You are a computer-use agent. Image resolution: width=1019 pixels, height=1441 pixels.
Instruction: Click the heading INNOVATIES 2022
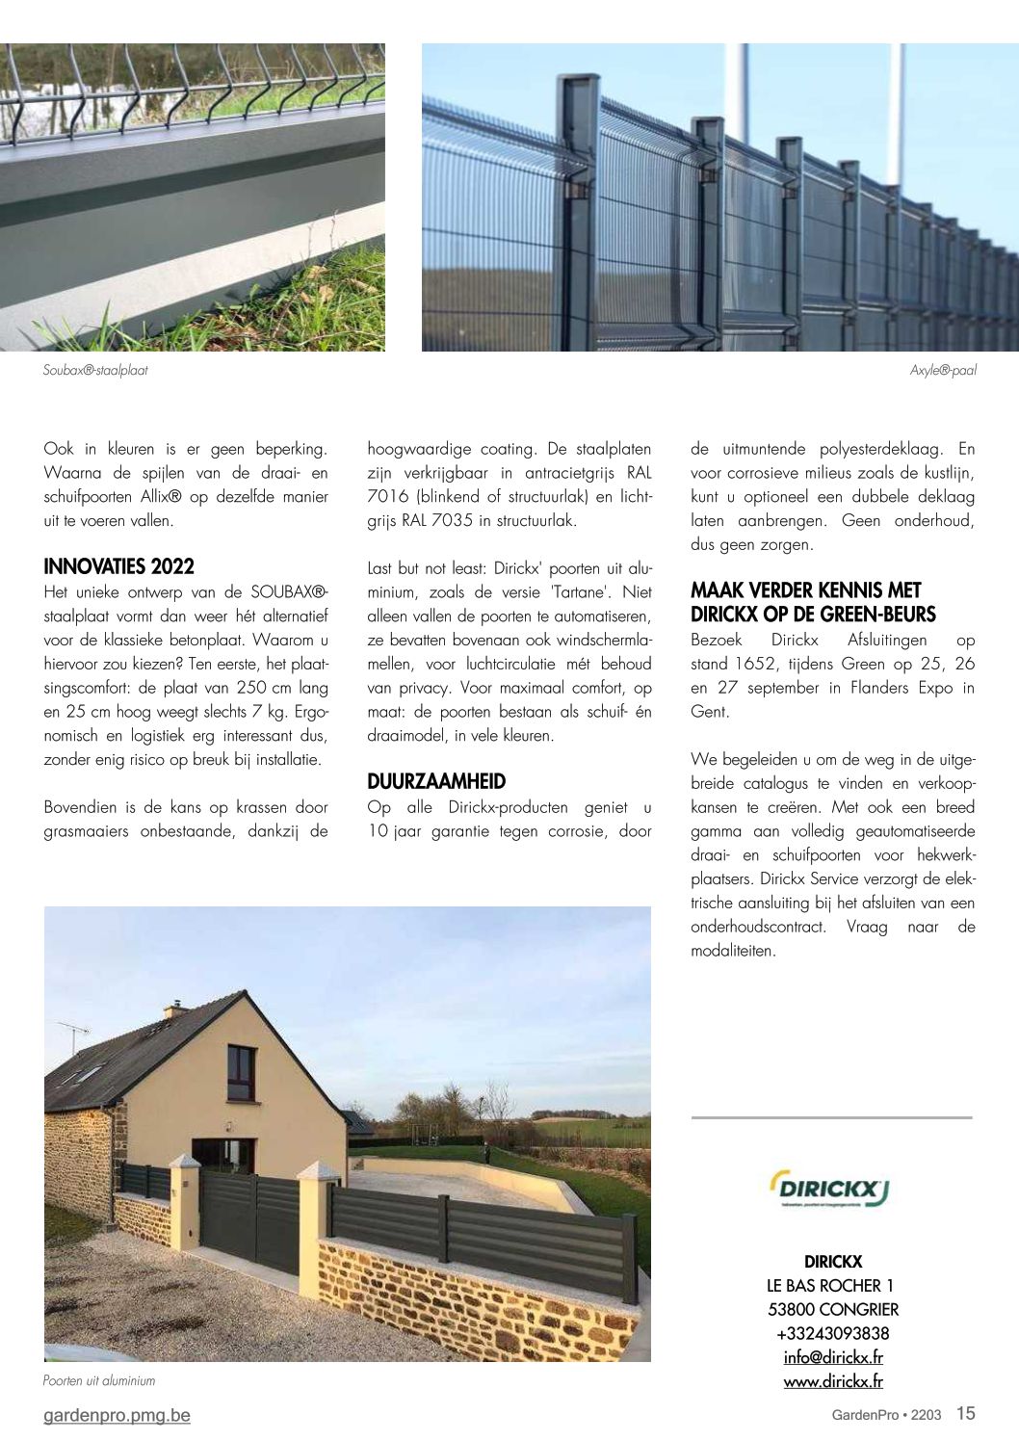point(118,566)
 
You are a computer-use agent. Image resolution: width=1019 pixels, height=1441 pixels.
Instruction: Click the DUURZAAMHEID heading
point(436,781)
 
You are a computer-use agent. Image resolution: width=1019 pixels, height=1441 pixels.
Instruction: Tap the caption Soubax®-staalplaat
point(95,370)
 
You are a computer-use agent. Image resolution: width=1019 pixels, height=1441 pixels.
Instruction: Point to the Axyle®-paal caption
point(943,370)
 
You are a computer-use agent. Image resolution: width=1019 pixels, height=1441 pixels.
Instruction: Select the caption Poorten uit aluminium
point(99,1380)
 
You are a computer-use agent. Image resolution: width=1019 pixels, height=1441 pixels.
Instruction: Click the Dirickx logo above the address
point(829,1188)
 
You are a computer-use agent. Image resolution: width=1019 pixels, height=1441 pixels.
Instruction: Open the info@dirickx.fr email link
point(833,1357)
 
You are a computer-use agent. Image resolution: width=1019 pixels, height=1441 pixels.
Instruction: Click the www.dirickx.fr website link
point(833,1381)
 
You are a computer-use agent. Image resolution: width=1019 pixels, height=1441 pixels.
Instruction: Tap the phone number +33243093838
point(833,1333)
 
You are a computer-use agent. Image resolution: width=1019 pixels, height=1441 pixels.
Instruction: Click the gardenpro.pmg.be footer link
point(117,1415)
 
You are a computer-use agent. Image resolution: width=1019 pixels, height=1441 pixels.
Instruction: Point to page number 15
point(965,1413)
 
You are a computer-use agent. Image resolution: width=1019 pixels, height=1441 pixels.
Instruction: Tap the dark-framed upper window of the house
point(241,1073)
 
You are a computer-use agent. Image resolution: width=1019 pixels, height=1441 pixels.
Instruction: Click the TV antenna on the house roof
point(74,1033)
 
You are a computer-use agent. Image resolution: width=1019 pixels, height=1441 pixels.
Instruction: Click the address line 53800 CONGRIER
point(833,1309)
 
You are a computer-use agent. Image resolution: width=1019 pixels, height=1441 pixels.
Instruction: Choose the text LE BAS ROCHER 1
point(830,1285)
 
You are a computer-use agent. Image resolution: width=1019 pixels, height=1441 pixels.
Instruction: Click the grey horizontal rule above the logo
point(832,1117)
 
